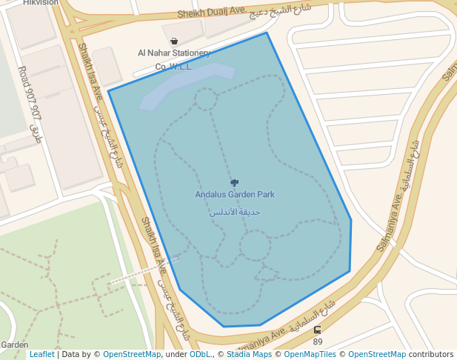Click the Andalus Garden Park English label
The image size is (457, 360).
pyautogui.click(x=235, y=195)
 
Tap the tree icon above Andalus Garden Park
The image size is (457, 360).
pyautogui.click(x=235, y=182)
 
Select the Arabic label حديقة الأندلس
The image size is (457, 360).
pyautogui.click(x=234, y=213)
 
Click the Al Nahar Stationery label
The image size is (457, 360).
pyautogui.click(x=174, y=53)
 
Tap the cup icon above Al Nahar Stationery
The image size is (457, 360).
pyautogui.click(x=174, y=41)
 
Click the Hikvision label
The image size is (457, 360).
pyautogui.click(x=40, y=3)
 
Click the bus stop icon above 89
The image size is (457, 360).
pyautogui.click(x=318, y=330)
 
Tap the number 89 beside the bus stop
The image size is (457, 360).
pyautogui.click(x=318, y=341)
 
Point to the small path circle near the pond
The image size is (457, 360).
pyautogui.click(x=205, y=99)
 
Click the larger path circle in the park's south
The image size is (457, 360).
pyautogui.click(x=255, y=245)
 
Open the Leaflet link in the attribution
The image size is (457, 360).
pyautogui.click(x=41, y=355)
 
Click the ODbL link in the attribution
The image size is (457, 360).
pyautogui.click(x=200, y=355)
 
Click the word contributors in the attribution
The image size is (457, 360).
pyautogui.click(x=431, y=355)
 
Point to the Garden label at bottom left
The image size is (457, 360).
pyautogui.click(x=14, y=345)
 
